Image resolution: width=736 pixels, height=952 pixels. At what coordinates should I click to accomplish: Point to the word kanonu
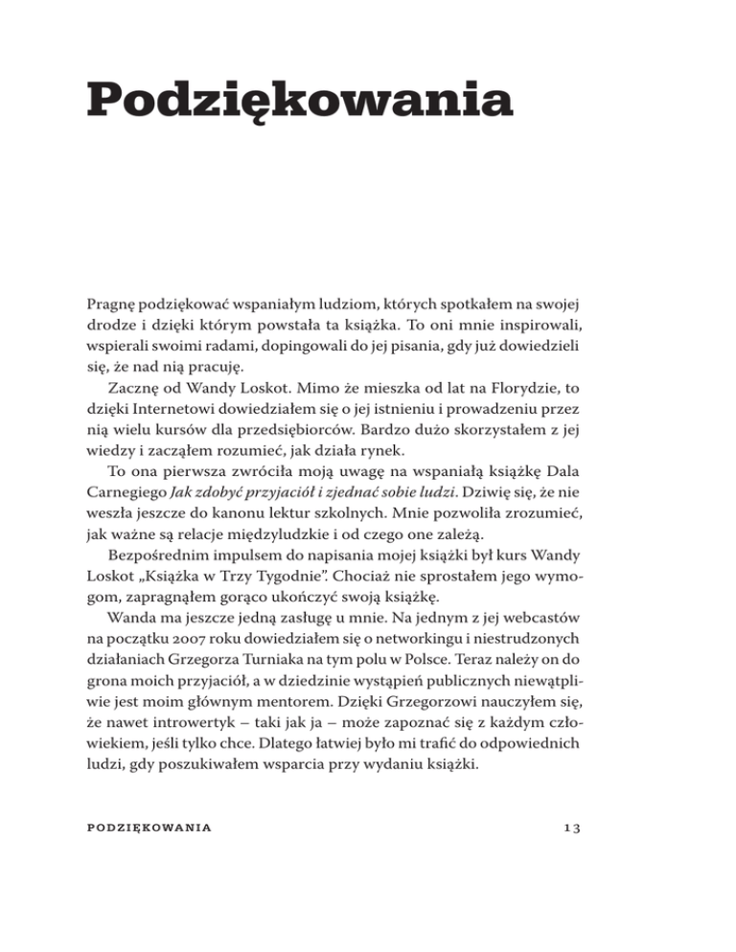coord(253,541)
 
